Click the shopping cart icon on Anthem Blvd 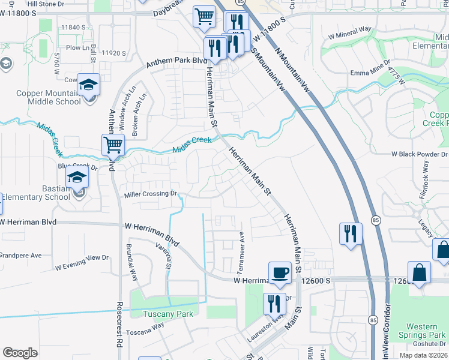(x=113, y=145)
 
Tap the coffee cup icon (x=280, y=272)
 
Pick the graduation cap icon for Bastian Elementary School (x=77, y=177)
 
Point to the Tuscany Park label (x=167, y=314)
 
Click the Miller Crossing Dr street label (x=151, y=194)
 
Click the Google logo (x=20, y=353)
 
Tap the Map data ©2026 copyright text (x=423, y=355)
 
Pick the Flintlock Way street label (x=425, y=178)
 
